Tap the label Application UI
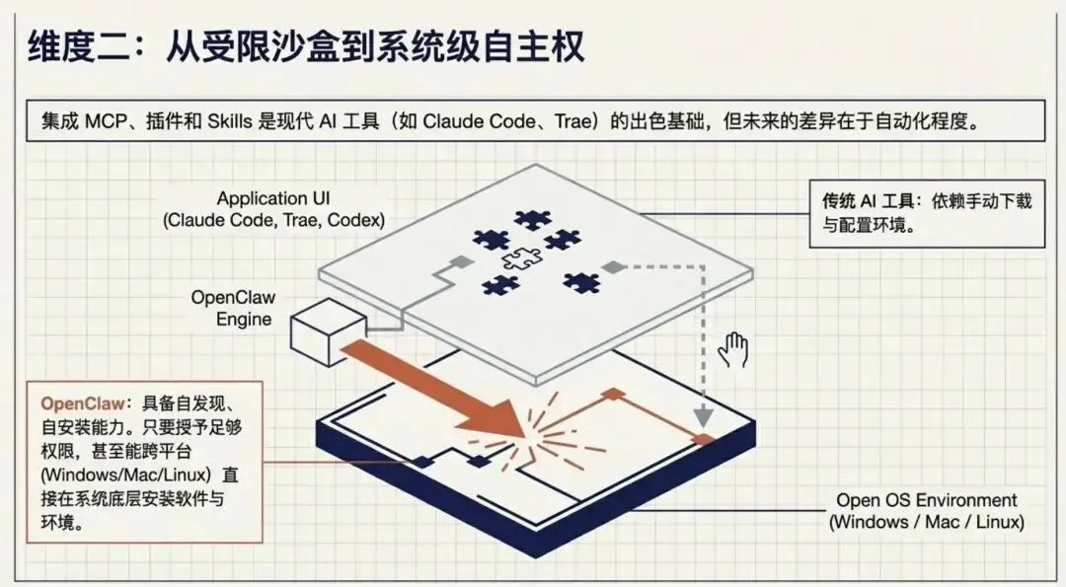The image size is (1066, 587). click(x=275, y=197)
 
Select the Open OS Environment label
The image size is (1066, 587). click(x=927, y=500)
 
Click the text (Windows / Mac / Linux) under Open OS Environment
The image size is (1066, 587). click(x=927, y=522)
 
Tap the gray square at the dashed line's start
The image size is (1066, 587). click(x=612, y=266)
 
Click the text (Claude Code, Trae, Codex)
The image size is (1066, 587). click(x=275, y=220)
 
